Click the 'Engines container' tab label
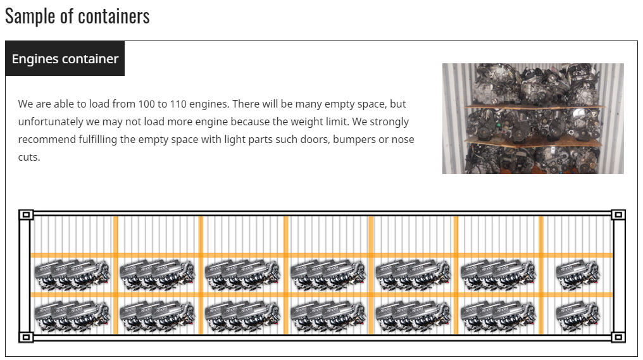65,59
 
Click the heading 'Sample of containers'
77,16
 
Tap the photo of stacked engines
533,118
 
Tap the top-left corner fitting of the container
26,215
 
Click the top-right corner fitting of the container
618,215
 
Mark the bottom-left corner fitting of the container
26,337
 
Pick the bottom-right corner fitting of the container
618,337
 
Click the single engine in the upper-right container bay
577,275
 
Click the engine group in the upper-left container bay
72,275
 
